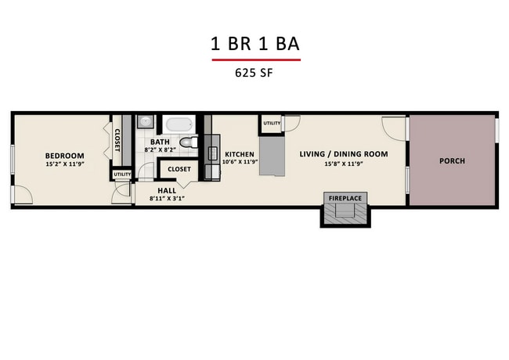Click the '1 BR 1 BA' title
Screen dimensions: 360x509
click(254, 44)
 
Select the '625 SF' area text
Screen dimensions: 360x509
click(254, 74)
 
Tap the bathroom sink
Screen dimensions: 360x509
click(146, 123)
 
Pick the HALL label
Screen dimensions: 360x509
click(167, 189)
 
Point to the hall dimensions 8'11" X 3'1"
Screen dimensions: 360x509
click(167, 198)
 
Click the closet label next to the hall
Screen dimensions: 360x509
click(179, 168)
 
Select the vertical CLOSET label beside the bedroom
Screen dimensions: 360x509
click(117, 142)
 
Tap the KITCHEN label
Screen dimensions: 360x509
click(240, 154)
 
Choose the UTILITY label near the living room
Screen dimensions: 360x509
click(272, 124)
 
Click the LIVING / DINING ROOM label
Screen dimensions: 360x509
click(344, 154)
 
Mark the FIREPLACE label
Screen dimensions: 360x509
click(345, 198)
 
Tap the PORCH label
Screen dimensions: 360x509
click(452, 161)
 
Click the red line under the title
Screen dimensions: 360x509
click(254, 59)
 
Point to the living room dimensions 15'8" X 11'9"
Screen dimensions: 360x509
click(344, 164)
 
